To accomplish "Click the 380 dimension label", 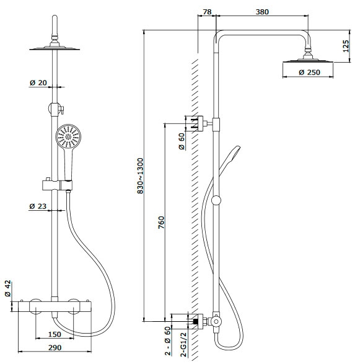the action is point(262,12).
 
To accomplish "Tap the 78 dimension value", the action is point(207,12).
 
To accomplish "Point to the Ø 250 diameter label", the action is point(309,73).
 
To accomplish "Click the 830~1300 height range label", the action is point(140,176).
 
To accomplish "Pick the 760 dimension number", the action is point(161,223).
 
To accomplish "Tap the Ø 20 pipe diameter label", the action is point(38,82).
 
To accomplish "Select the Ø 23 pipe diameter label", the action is point(38,206).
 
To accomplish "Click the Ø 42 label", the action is point(7,288).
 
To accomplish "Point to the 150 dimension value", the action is point(55,334).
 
